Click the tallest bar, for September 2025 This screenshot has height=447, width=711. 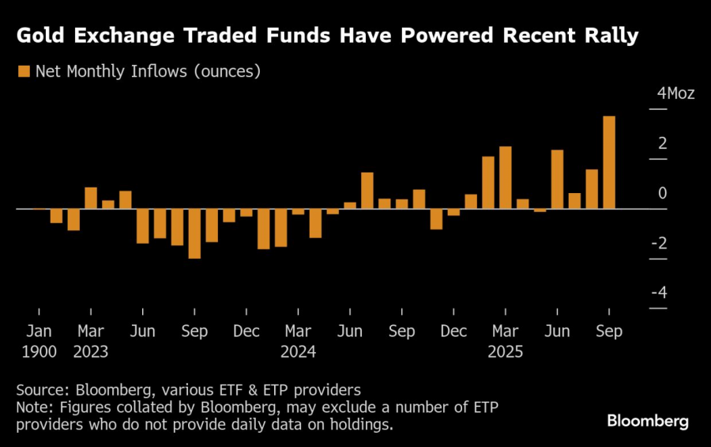click(x=609, y=162)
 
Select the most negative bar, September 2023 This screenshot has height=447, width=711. click(x=194, y=233)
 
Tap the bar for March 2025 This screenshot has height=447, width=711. click(x=506, y=177)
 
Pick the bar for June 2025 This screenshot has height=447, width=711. click(x=557, y=180)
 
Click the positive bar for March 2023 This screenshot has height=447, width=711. click(x=91, y=198)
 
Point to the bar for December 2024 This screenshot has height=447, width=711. click(x=453, y=212)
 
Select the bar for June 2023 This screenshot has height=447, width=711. click(x=142, y=225)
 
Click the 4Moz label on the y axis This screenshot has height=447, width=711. click(x=675, y=93)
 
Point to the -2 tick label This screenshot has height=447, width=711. click(x=659, y=243)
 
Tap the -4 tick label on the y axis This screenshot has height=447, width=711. click(x=659, y=293)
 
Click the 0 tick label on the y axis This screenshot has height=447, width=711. click(x=662, y=193)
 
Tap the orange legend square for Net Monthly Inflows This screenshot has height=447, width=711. click(x=23, y=72)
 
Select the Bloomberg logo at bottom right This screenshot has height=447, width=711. click(x=648, y=421)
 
